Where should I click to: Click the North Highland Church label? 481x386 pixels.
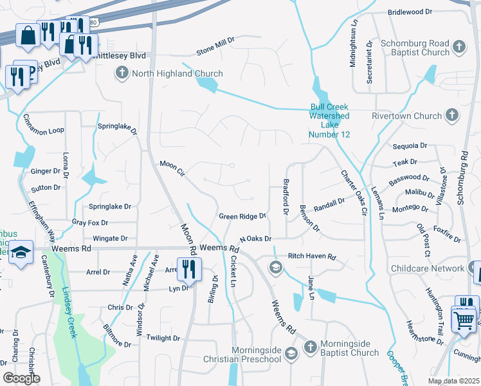point(177,74)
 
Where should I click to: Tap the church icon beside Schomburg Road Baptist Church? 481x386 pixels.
point(458,46)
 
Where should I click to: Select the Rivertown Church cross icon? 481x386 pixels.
point(451,116)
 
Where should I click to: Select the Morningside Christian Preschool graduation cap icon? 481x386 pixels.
point(291,353)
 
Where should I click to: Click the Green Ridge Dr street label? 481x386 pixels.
point(242,217)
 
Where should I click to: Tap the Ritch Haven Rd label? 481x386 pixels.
point(312,257)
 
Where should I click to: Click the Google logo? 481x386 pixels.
point(21,378)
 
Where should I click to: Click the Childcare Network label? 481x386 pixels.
point(427,268)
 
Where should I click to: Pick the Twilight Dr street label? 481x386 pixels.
point(163,338)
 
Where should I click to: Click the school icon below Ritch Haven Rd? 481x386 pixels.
point(276,268)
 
